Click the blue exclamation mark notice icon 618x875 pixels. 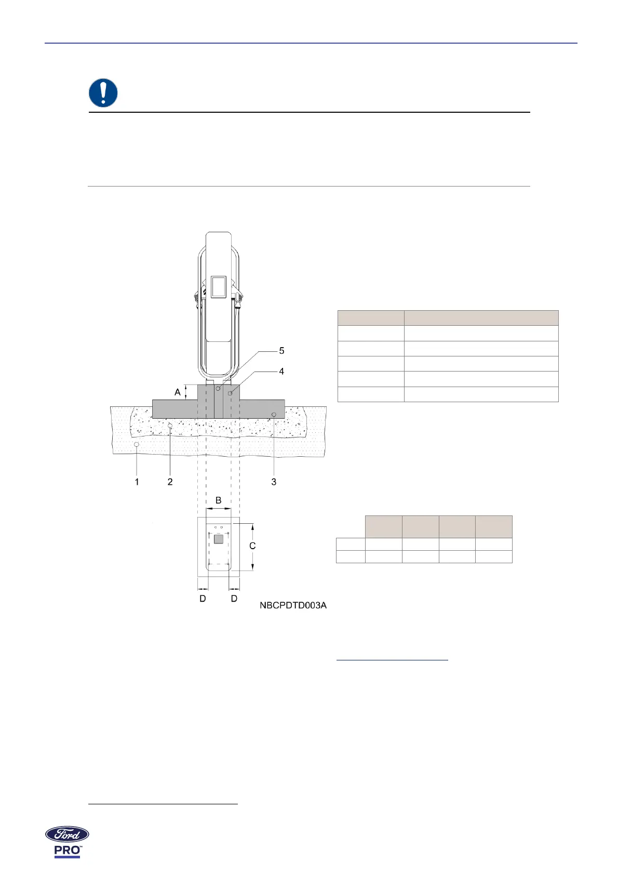click(x=103, y=93)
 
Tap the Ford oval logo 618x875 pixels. click(x=67, y=834)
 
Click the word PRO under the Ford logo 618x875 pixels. click(x=67, y=850)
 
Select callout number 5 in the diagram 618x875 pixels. click(x=281, y=351)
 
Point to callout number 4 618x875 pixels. click(x=281, y=371)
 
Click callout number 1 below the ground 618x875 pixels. click(x=137, y=482)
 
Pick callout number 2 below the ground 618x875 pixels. click(x=170, y=482)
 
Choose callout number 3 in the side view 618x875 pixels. click(x=274, y=482)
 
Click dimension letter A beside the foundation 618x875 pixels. click(x=177, y=392)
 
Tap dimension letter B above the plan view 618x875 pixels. click(x=218, y=500)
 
